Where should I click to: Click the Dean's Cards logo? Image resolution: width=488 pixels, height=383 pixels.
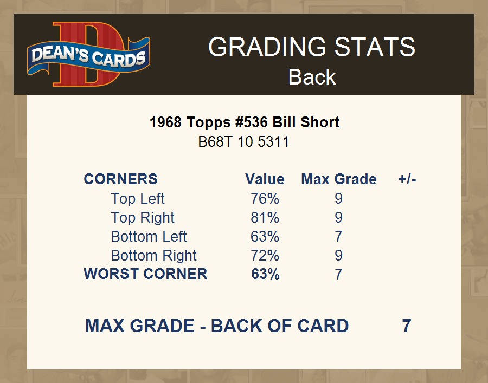pyautogui.click(x=89, y=54)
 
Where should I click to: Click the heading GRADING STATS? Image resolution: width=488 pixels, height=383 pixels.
pyautogui.click(x=312, y=47)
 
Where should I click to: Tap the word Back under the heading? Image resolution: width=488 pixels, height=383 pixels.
pyautogui.click(x=312, y=77)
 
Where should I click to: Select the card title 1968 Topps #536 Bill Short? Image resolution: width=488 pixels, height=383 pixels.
pyautogui.click(x=245, y=122)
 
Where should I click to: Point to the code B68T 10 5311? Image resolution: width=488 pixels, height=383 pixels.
pyautogui.click(x=243, y=142)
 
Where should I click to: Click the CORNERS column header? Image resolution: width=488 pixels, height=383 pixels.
pyautogui.click(x=121, y=179)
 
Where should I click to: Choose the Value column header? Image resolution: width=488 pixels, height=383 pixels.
pyautogui.click(x=265, y=179)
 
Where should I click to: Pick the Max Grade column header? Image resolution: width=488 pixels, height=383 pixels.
pyautogui.click(x=339, y=179)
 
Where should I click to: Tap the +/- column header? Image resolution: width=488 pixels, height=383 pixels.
pyautogui.click(x=407, y=179)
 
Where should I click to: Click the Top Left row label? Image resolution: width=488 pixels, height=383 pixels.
pyautogui.click(x=138, y=199)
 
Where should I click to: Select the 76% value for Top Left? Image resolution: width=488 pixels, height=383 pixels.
pyautogui.click(x=265, y=199)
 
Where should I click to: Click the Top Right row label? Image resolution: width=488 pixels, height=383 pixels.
pyautogui.click(x=143, y=218)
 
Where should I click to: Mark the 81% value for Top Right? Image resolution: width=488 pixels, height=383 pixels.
pyautogui.click(x=265, y=218)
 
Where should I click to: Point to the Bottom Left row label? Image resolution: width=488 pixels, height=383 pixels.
pyautogui.click(x=149, y=237)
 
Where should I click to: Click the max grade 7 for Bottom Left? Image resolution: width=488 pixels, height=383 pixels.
pyautogui.click(x=338, y=237)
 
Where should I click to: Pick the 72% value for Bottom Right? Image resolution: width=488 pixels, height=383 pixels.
pyautogui.click(x=265, y=256)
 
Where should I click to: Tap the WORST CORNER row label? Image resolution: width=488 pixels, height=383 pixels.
pyautogui.click(x=145, y=274)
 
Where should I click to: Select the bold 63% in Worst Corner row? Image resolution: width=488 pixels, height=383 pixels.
pyautogui.click(x=265, y=274)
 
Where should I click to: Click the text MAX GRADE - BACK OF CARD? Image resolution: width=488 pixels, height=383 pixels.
pyautogui.click(x=216, y=326)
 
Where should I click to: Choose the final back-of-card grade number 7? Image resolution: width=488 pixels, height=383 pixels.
pyautogui.click(x=407, y=326)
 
